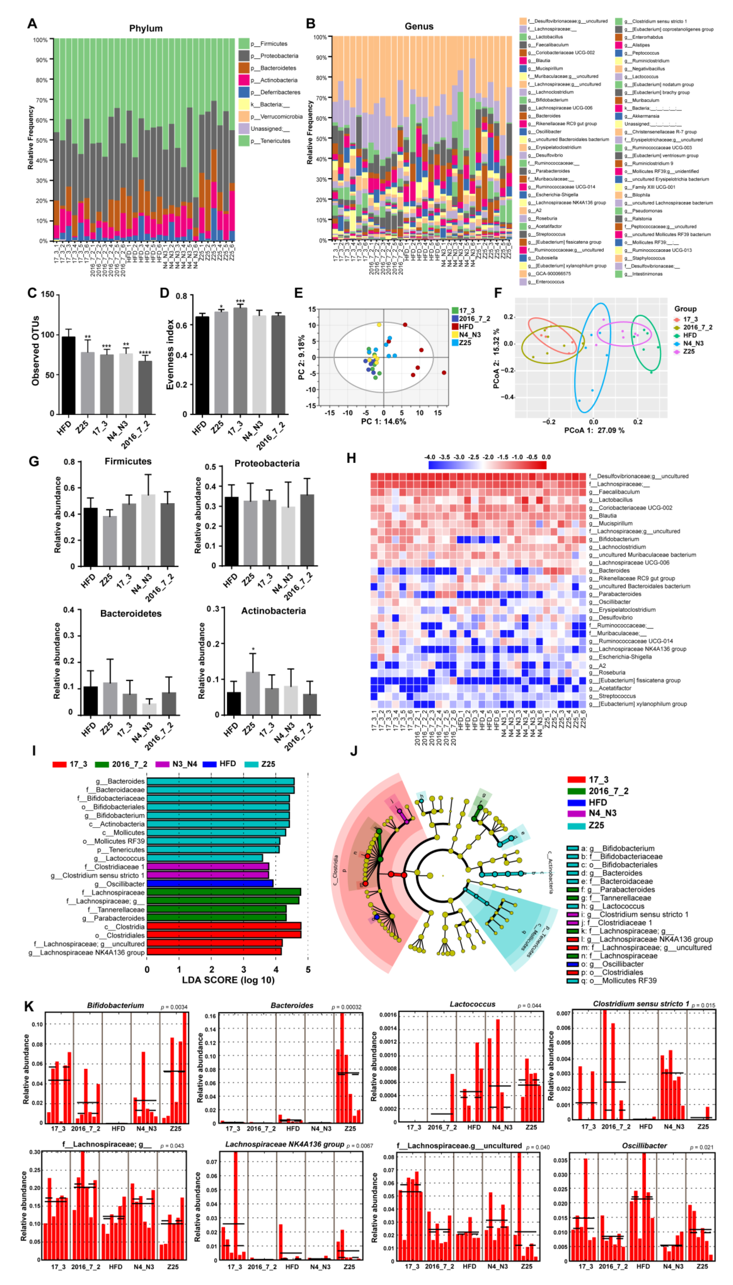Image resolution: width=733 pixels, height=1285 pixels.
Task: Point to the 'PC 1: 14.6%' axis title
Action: click(x=383, y=422)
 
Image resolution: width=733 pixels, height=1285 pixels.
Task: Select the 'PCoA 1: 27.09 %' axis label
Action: click(x=594, y=431)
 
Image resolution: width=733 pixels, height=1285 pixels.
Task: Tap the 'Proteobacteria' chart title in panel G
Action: click(x=267, y=463)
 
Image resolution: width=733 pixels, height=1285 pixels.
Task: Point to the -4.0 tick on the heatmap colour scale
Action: click(x=429, y=457)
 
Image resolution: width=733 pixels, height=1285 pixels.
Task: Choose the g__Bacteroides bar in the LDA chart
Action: click(x=220, y=781)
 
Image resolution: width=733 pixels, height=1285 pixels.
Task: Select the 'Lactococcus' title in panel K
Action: click(x=472, y=1004)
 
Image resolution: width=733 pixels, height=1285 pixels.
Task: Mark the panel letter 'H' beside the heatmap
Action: click(x=352, y=458)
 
